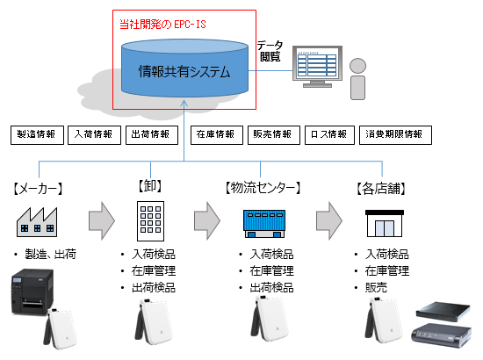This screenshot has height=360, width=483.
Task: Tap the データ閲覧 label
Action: coord(270,50)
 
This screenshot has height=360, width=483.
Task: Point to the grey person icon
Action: coord(358,78)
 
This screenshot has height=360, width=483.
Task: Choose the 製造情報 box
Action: coord(36,135)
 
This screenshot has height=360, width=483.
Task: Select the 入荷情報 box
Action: coord(92,135)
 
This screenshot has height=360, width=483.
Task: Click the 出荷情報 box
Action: coord(149,135)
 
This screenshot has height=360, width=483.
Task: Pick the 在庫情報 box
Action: coord(215,135)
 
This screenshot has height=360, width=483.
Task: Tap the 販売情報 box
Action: coord(272,135)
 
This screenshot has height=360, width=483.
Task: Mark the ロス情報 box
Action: coord(329,135)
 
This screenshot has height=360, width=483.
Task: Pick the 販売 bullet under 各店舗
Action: coord(378,288)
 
